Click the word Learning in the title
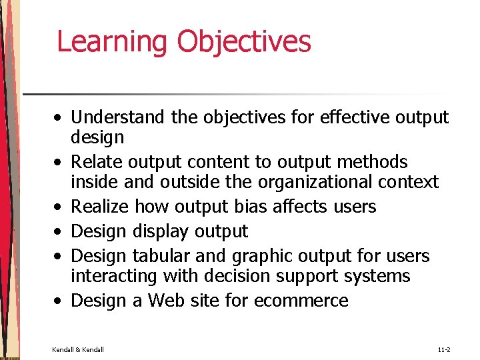[113, 41]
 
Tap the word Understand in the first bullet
[117, 117]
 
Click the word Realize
[99, 207]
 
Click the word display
[160, 231]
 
